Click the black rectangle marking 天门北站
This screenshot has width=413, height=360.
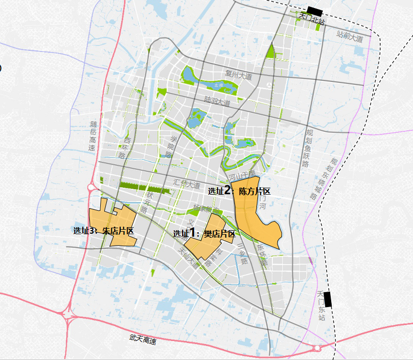[315, 10]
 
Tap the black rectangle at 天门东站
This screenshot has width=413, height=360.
[327, 298]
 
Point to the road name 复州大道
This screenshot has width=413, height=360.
[238, 76]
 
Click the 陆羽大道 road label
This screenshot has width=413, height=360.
[217, 101]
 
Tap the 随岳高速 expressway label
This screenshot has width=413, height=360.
[92, 136]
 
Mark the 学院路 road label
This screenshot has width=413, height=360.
[171, 147]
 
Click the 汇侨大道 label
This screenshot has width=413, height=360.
[187, 183]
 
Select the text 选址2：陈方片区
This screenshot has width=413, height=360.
[239, 191]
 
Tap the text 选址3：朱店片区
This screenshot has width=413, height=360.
[104, 231]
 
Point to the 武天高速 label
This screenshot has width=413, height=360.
[143, 340]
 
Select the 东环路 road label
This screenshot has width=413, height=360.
[261, 254]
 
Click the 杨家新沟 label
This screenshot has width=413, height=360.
[206, 208]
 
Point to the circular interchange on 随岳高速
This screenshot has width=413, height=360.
[92, 188]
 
